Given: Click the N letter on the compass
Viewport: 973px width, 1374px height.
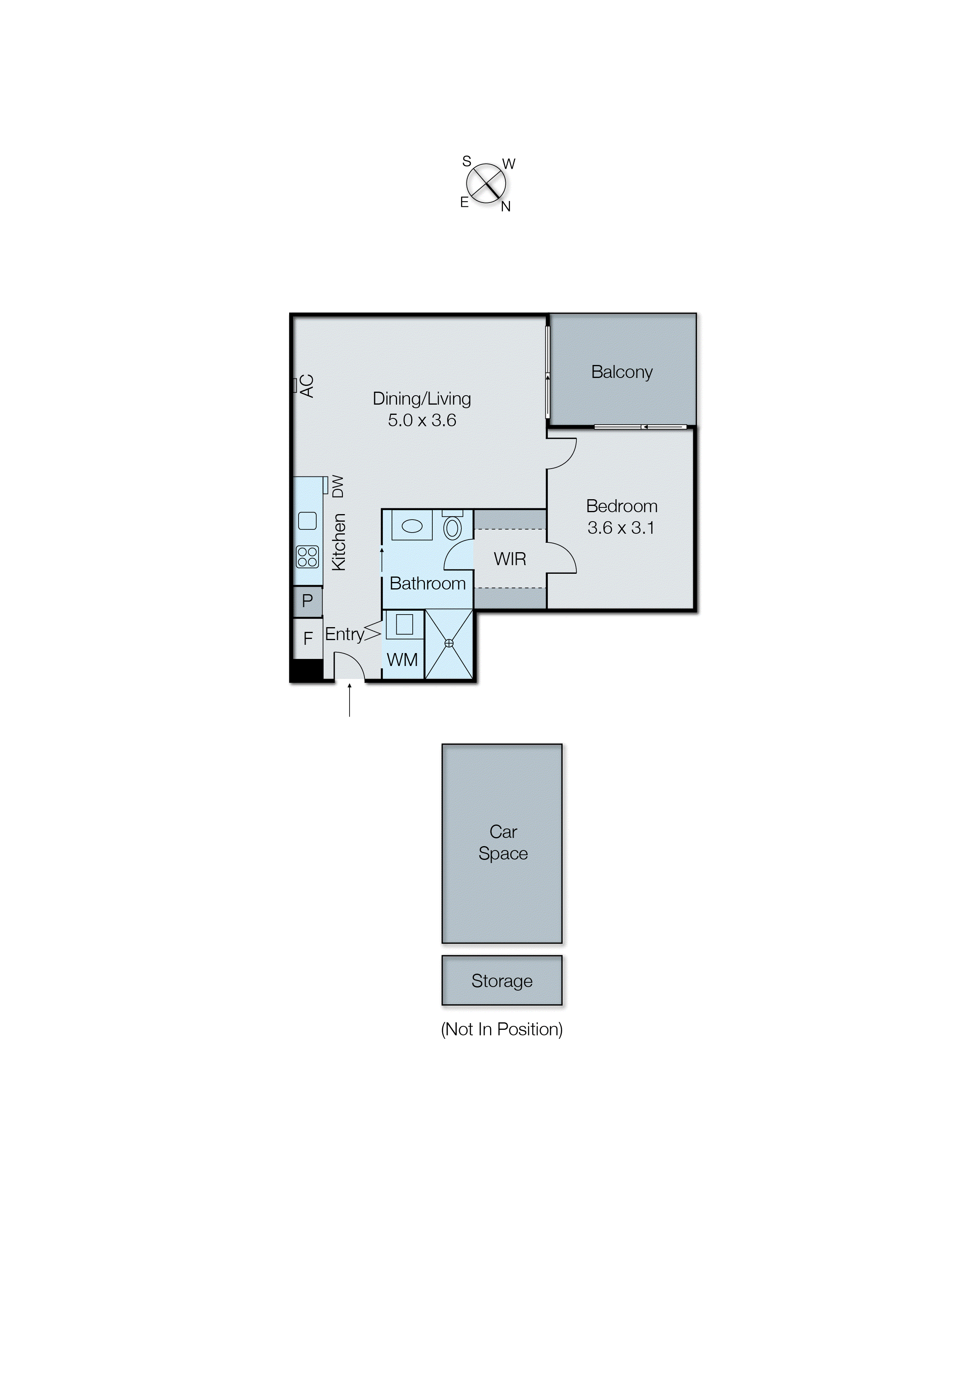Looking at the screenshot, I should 506,207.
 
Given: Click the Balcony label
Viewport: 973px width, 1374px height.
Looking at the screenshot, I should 621,372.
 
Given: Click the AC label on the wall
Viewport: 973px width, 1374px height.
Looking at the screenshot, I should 307,386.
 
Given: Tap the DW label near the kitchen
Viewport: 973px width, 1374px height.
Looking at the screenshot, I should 338,487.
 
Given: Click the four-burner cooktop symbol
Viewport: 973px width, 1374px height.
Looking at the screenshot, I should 307,557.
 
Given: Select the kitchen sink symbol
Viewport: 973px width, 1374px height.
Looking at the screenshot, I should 307,521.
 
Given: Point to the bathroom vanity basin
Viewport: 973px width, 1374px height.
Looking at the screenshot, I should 412,527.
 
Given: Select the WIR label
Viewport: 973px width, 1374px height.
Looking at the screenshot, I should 510,559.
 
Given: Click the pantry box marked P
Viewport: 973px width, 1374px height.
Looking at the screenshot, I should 307,601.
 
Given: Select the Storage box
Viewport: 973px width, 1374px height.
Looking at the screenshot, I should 501,981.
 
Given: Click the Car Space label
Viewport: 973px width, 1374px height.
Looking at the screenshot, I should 503,843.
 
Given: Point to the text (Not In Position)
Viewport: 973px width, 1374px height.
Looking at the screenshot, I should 501,1029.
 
